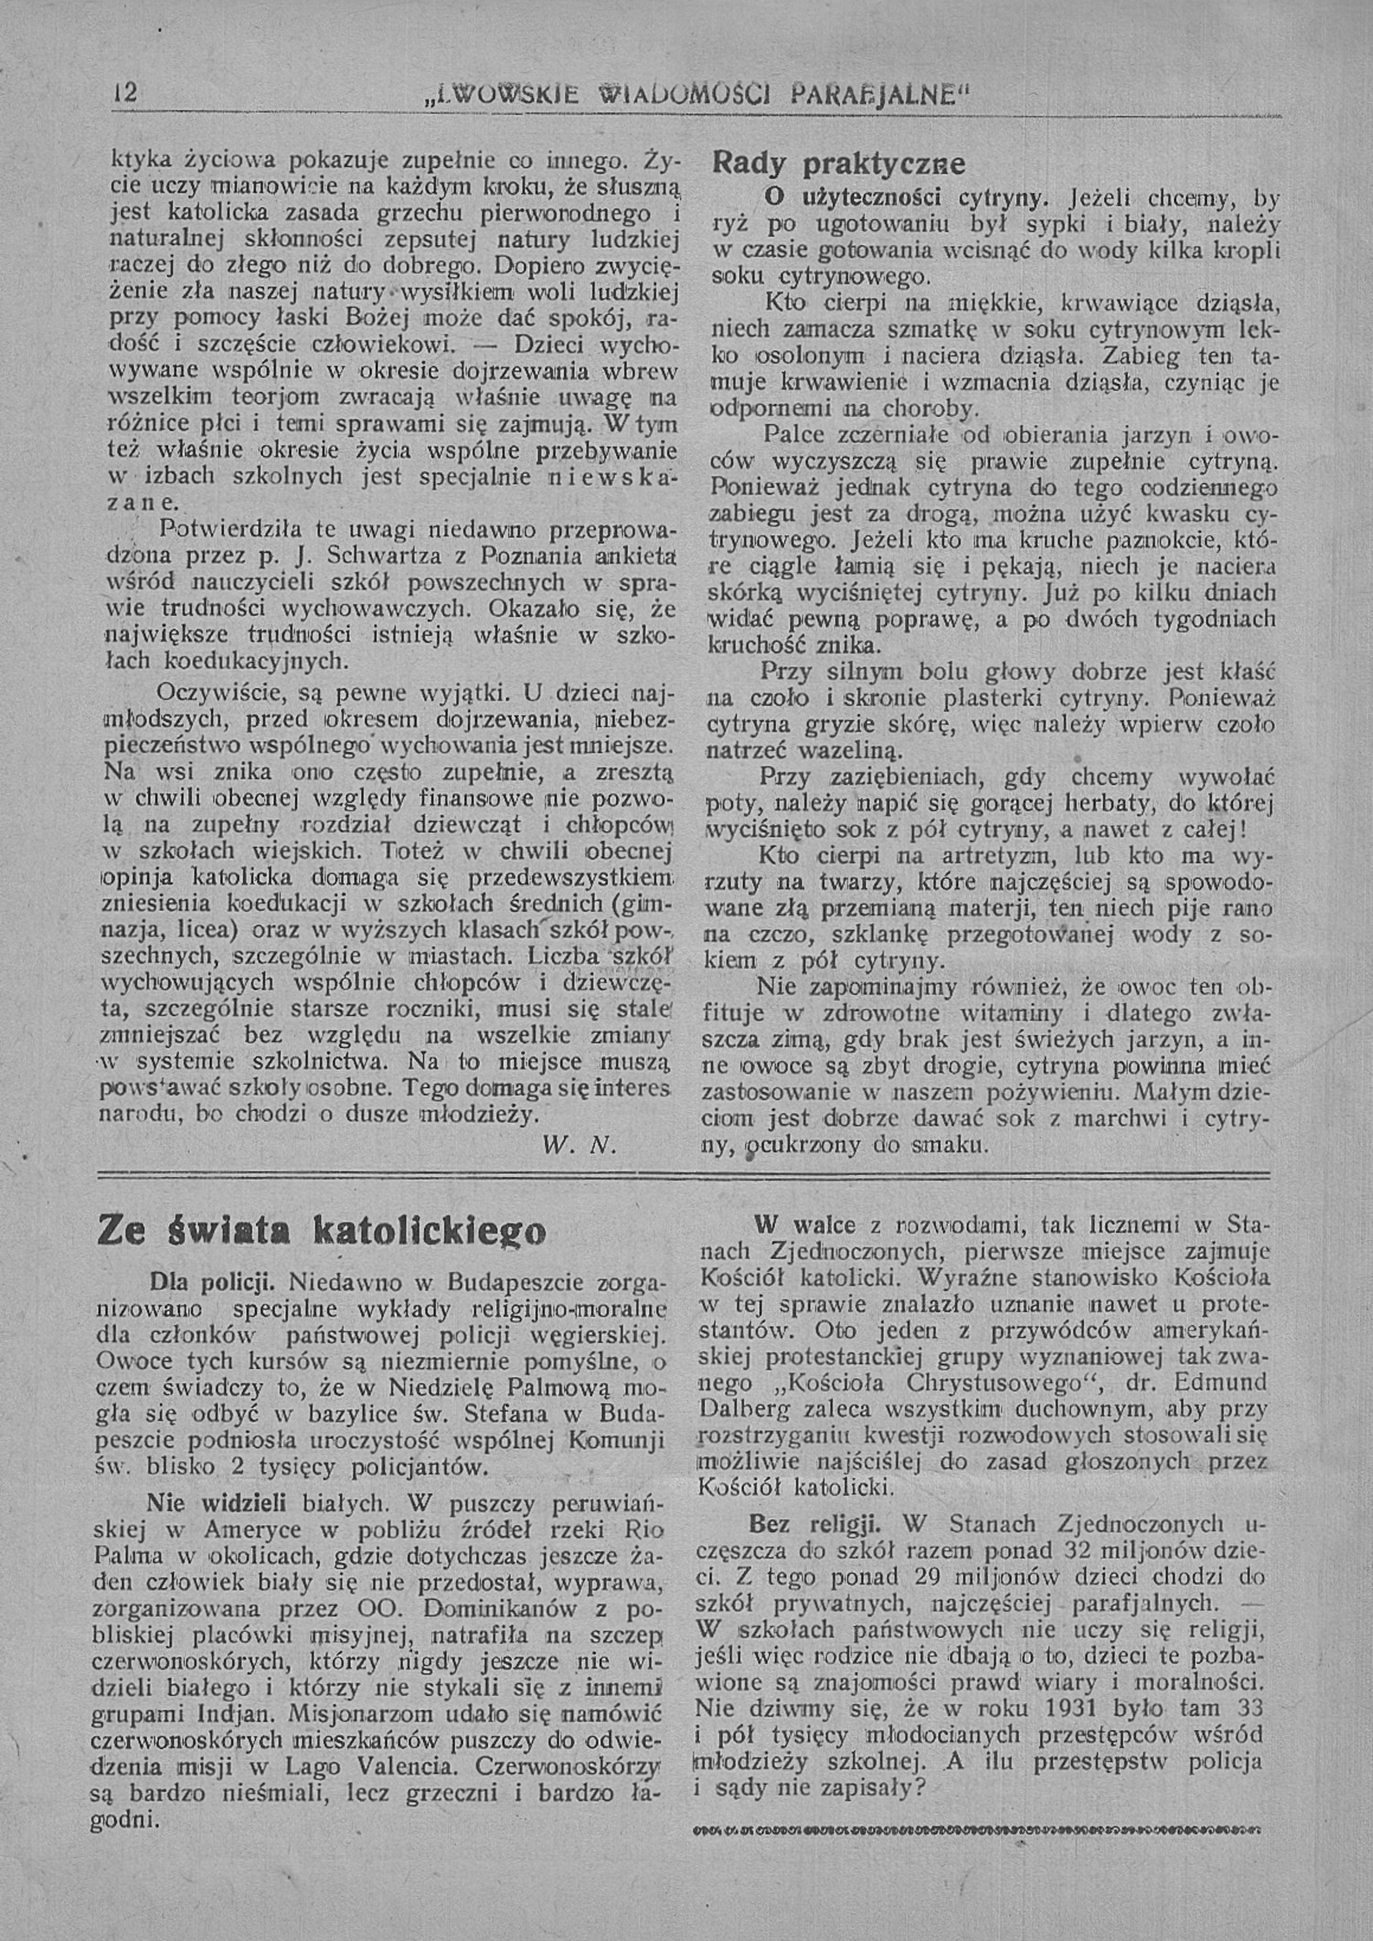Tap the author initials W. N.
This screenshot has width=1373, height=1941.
pyautogui.click(x=579, y=1146)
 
